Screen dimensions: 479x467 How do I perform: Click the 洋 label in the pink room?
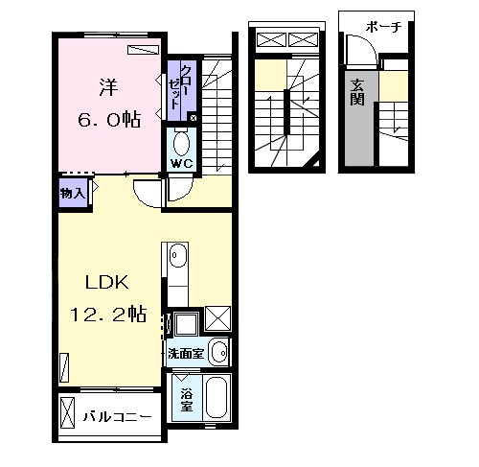tap(108, 87)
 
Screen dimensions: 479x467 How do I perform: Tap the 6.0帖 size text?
tap(109, 119)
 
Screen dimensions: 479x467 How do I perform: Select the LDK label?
tap(107, 282)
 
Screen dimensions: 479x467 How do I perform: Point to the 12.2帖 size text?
tap(108, 315)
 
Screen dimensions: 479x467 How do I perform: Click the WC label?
tap(182, 164)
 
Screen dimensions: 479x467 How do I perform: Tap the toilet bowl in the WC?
tap(181, 144)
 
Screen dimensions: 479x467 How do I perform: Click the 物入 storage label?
tap(73, 193)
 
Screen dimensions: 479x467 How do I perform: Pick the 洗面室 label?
tap(186, 354)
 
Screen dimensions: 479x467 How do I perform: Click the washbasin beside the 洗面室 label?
tap(219, 352)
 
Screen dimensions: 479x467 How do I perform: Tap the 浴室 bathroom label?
tap(187, 400)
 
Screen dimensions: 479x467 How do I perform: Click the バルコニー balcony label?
tap(118, 417)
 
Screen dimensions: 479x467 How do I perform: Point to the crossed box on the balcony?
tap(67, 413)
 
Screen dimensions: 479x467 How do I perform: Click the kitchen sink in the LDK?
tap(178, 255)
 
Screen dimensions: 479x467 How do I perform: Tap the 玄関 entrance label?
tap(357, 92)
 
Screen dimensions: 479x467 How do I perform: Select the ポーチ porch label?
tap(383, 27)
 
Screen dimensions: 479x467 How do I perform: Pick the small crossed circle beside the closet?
tap(193, 118)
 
